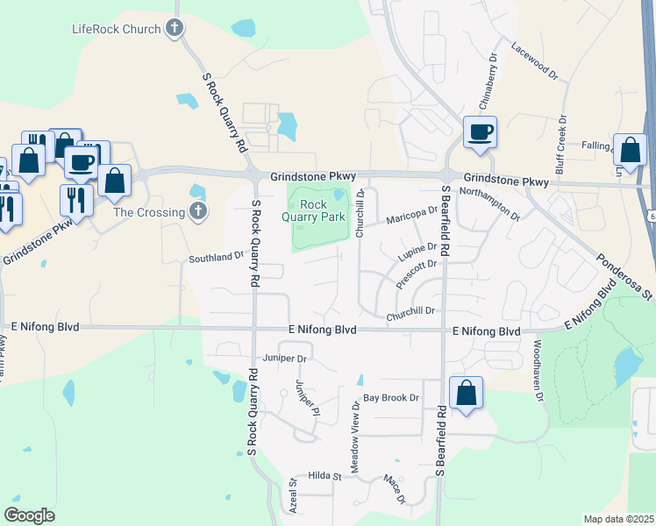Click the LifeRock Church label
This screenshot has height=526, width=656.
(x=116, y=29)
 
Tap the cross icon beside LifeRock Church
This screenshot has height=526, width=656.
(x=175, y=29)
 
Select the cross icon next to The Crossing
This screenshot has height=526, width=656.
(x=198, y=211)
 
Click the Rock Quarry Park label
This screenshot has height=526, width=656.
(x=313, y=210)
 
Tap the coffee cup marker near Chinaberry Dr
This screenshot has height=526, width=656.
(x=480, y=131)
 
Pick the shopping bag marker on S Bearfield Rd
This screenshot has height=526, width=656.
(x=467, y=393)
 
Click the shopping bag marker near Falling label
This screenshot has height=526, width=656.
(x=631, y=149)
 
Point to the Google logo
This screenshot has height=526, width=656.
(x=29, y=515)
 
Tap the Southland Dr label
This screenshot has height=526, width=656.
(x=216, y=258)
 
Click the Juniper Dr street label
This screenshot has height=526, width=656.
(x=284, y=359)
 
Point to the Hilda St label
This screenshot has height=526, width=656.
(x=324, y=475)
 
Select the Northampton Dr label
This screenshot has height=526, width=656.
(x=489, y=203)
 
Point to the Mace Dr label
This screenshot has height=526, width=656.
(x=394, y=488)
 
